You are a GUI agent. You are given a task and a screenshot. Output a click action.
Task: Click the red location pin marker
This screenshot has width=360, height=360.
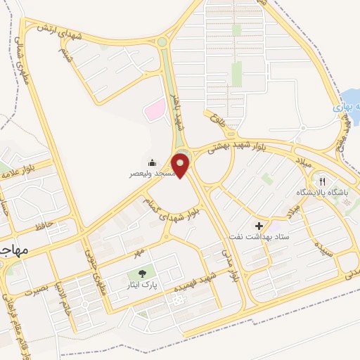tap(181, 166)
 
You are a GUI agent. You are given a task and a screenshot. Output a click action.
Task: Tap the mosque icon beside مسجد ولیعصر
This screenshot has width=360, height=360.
tap(153, 162)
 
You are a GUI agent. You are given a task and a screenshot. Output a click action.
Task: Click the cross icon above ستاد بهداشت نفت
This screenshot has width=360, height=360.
tap(259, 226)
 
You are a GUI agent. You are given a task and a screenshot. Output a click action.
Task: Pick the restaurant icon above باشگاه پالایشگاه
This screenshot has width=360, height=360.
tap(324, 179)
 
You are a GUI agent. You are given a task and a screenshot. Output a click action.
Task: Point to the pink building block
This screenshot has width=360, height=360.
tap(155, 108)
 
